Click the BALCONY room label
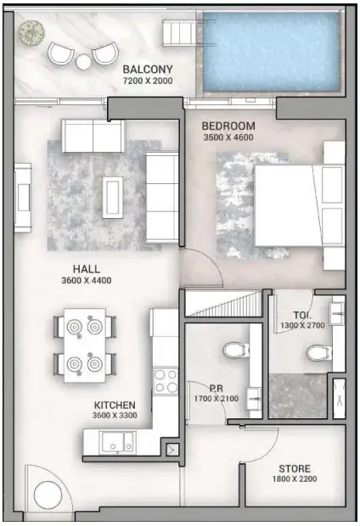click(148, 70)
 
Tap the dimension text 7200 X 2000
click(148, 81)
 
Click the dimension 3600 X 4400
click(87, 280)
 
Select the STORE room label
click(295, 468)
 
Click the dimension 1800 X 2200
click(295, 480)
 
